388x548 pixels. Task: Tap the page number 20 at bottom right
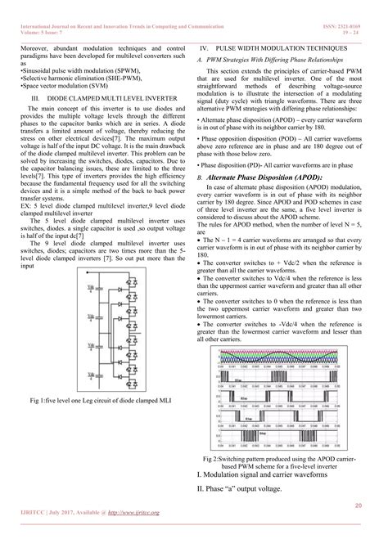[x=359, y=505]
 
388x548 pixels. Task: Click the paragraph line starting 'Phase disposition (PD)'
[x=278, y=164]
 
